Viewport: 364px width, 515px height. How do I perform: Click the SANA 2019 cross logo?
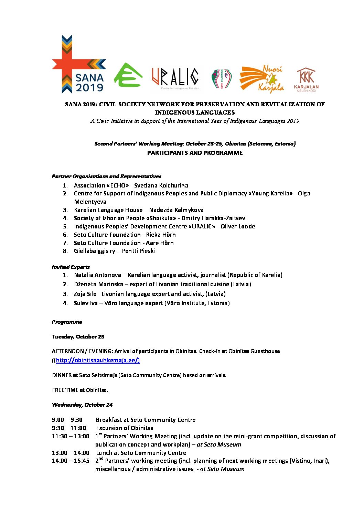(79, 64)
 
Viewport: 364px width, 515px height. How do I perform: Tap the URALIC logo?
(175, 77)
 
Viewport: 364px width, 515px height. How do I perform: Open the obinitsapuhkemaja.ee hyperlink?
(97, 360)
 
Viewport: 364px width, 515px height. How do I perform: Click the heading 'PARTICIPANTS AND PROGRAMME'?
(195, 153)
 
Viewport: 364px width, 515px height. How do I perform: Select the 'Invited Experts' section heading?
(71, 267)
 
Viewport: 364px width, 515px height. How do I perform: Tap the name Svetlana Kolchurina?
(161, 185)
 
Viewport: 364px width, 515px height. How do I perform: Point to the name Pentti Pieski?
(138, 251)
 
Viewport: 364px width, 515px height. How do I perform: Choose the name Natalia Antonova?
(97, 275)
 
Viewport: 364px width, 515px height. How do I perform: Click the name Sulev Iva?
(86, 303)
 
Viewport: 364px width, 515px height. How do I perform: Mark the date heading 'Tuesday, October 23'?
(78, 336)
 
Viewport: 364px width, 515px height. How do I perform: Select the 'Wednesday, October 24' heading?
(82, 405)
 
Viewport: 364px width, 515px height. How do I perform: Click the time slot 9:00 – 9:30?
(67, 420)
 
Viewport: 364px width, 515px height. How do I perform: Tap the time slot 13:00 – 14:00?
(71, 453)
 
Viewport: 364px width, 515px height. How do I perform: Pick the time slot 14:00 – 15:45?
(71, 461)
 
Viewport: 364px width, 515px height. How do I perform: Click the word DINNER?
(62, 375)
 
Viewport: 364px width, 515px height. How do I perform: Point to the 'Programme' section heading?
(67, 322)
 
